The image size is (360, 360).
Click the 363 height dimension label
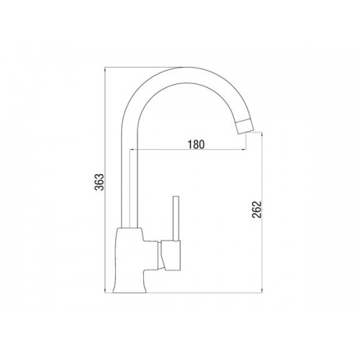tap(99, 181)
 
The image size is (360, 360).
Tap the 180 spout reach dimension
tap(196, 145)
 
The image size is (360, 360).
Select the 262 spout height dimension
tap(256, 210)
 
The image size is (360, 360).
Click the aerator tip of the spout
tap(244, 126)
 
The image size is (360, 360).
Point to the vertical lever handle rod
tap(176, 218)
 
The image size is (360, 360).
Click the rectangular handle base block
tap(171, 256)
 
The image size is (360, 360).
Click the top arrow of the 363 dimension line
tap(105, 69)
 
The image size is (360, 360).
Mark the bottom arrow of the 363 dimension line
tap(105, 291)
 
